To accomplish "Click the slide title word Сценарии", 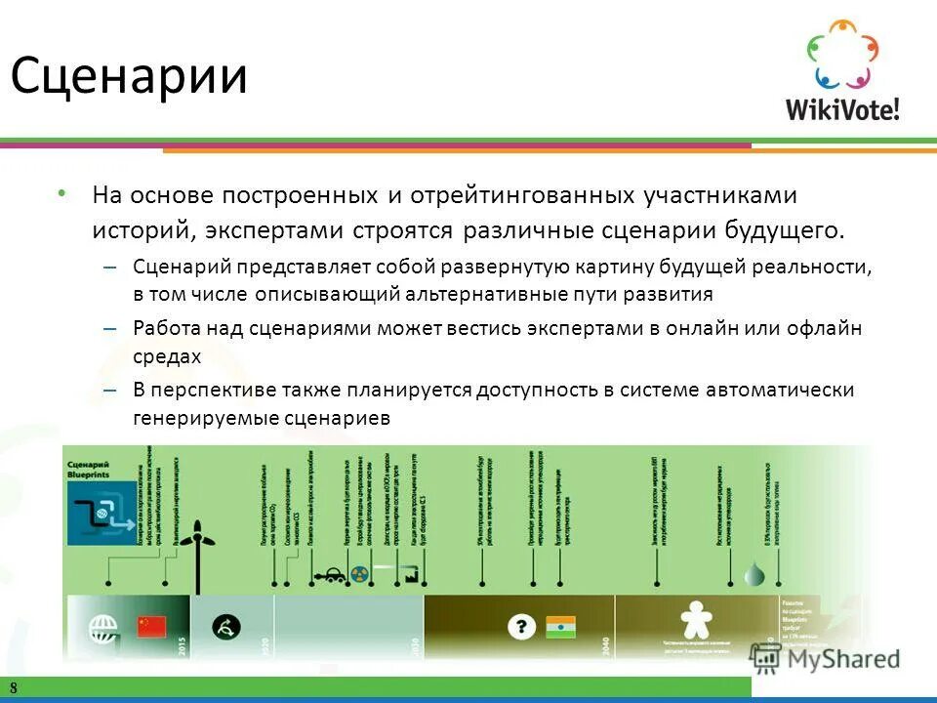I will coord(129,75).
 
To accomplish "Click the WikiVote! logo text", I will coord(842,107).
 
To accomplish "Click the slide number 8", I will coord(15,687).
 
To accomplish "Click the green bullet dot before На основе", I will coord(61,194).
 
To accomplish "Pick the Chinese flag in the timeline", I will coord(151,626).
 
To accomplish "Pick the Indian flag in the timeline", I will coord(561,626).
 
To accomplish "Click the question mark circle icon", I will coord(523,625).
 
